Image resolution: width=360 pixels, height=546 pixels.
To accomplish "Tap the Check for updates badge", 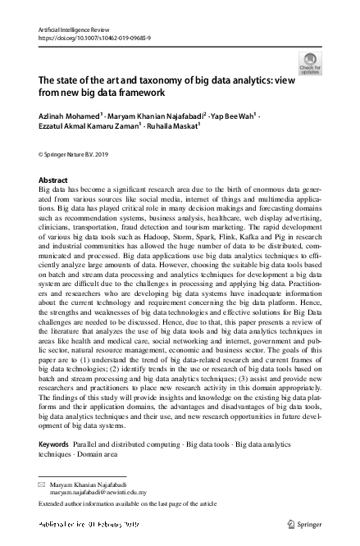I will [x=312, y=63].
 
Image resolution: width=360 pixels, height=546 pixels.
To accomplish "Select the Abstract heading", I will [x=53, y=179].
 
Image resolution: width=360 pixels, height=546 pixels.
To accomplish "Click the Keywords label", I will [x=54, y=444].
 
